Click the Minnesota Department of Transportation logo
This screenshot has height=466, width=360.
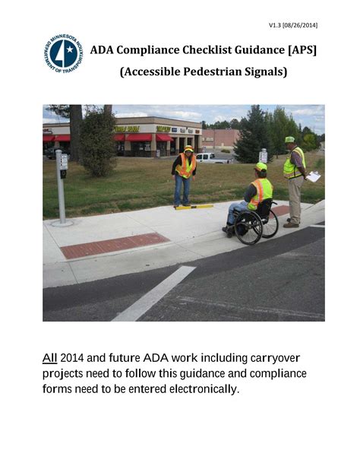pos(64,53)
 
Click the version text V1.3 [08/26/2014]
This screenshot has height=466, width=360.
pos(292,25)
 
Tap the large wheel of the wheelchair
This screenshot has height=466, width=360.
pos(249,227)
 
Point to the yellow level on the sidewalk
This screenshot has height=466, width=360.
pos(195,206)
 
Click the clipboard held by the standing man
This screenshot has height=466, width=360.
pos(313,176)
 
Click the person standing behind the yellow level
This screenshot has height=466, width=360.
pos(185,175)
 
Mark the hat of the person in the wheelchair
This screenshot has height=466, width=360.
pos(261,166)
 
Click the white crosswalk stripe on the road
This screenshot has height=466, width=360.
pos(154,293)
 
